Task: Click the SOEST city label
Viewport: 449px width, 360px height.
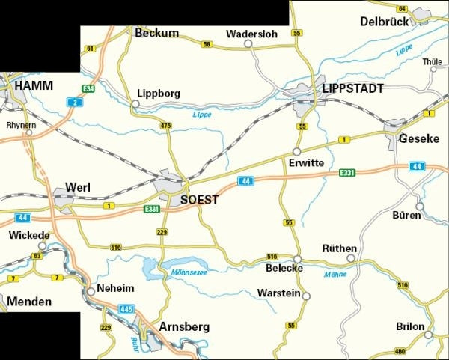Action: point(200,200)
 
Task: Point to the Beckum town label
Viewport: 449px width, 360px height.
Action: point(156,33)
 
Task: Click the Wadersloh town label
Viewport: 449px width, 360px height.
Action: point(251,33)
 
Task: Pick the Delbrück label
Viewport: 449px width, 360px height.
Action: point(385,22)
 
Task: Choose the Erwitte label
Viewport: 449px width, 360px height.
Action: point(305,162)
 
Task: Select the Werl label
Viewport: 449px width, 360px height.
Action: point(78,186)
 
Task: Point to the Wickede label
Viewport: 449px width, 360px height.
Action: point(29,236)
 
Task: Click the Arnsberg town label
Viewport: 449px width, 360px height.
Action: point(184,327)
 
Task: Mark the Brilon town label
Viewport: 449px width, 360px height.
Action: point(411,327)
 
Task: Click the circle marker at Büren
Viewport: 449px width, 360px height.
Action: point(419,206)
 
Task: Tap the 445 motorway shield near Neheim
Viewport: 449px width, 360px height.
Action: point(126,308)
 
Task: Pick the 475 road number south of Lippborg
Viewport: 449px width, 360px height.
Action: point(166,126)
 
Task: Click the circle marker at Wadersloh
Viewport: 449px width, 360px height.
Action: point(248,43)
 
